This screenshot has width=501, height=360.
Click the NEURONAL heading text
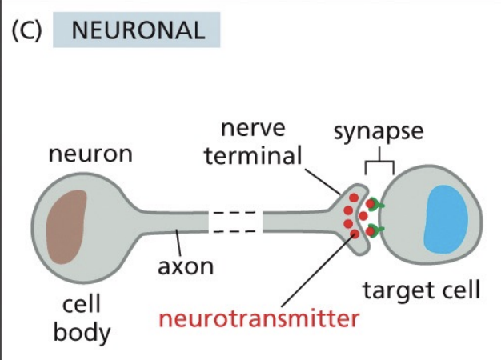coord(136,30)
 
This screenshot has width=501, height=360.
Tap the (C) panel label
coord(27,30)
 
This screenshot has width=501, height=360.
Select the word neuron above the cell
coord(90,154)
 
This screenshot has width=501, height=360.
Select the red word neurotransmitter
coord(259,318)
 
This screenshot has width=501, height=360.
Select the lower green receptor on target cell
coord(375,233)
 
